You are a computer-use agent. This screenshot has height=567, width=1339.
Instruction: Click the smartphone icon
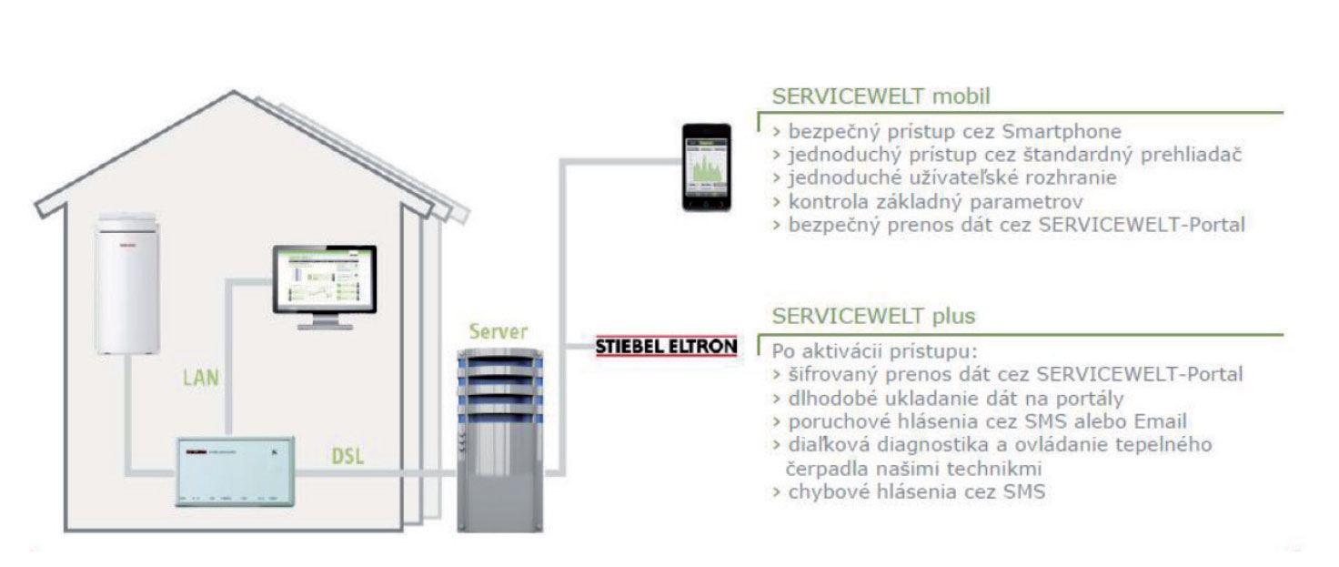point(707,167)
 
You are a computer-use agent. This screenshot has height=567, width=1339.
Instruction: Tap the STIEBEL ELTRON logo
point(666,347)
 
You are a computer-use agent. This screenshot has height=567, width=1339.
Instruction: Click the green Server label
point(497,330)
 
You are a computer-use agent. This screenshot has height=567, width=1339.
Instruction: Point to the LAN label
point(200,377)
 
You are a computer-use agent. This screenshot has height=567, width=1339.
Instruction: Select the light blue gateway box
point(234,469)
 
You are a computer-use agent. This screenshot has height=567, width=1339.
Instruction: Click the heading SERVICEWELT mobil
point(881,96)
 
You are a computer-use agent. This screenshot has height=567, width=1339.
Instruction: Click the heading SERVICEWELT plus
point(873,316)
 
